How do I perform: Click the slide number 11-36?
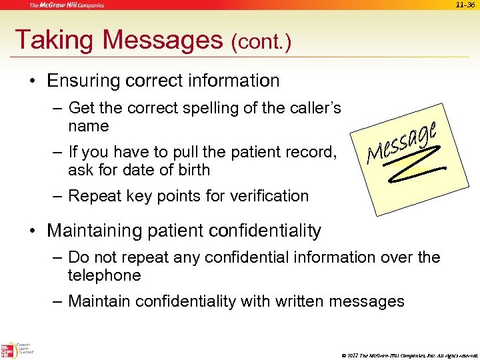[x=465, y=5]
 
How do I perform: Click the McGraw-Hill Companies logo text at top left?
[x=67, y=5]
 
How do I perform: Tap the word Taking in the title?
[x=53, y=40]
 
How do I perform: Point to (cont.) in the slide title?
[x=261, y=43]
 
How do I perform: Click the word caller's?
[x=314, y=108]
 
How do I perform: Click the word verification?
[x=269, y=196]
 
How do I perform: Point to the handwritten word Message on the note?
[x=403, y=141]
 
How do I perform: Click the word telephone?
[x=104, y=275]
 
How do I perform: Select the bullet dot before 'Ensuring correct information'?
[x=31, y=82]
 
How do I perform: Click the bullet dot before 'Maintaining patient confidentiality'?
[x=31, y=232]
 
